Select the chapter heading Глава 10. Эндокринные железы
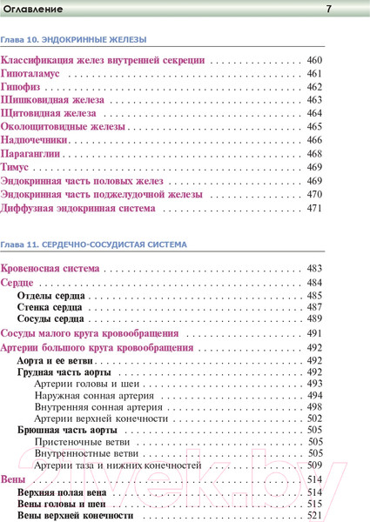[x=73, y=40]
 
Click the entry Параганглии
[x=35, y=154]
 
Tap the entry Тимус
[x=19, y=167]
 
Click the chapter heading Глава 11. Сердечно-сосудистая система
[x=93, y=246]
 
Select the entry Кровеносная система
[x=50, y=269]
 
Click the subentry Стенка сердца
[x=50, y=308]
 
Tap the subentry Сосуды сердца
[x=50, y=320]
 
